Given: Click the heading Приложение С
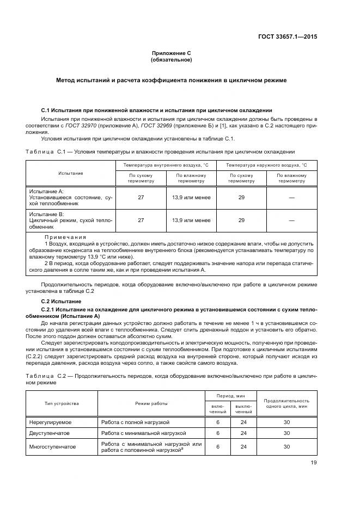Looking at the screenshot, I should click(x=172, y=53).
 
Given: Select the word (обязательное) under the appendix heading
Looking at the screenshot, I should click(x=172, y=60).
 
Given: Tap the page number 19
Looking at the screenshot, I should click(x=313, y=463).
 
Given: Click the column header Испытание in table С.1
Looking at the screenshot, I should click(x=71, y=173).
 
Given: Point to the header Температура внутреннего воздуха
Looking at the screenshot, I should click(x=166, y=164).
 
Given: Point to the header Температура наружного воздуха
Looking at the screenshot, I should click(x=266, y=164).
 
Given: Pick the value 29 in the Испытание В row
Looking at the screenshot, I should click(x=241, y=220).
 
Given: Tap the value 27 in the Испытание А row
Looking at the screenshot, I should click(x=141, y=198).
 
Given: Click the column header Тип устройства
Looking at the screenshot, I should click(x=62, y=403).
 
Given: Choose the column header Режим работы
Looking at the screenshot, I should click(x=151, y=403).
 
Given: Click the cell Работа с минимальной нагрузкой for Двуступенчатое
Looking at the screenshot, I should click(x=143, y=433).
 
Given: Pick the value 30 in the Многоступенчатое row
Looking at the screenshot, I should click(x=286, y=447).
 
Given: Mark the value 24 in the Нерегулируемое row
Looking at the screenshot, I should click(x=243, y=422).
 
